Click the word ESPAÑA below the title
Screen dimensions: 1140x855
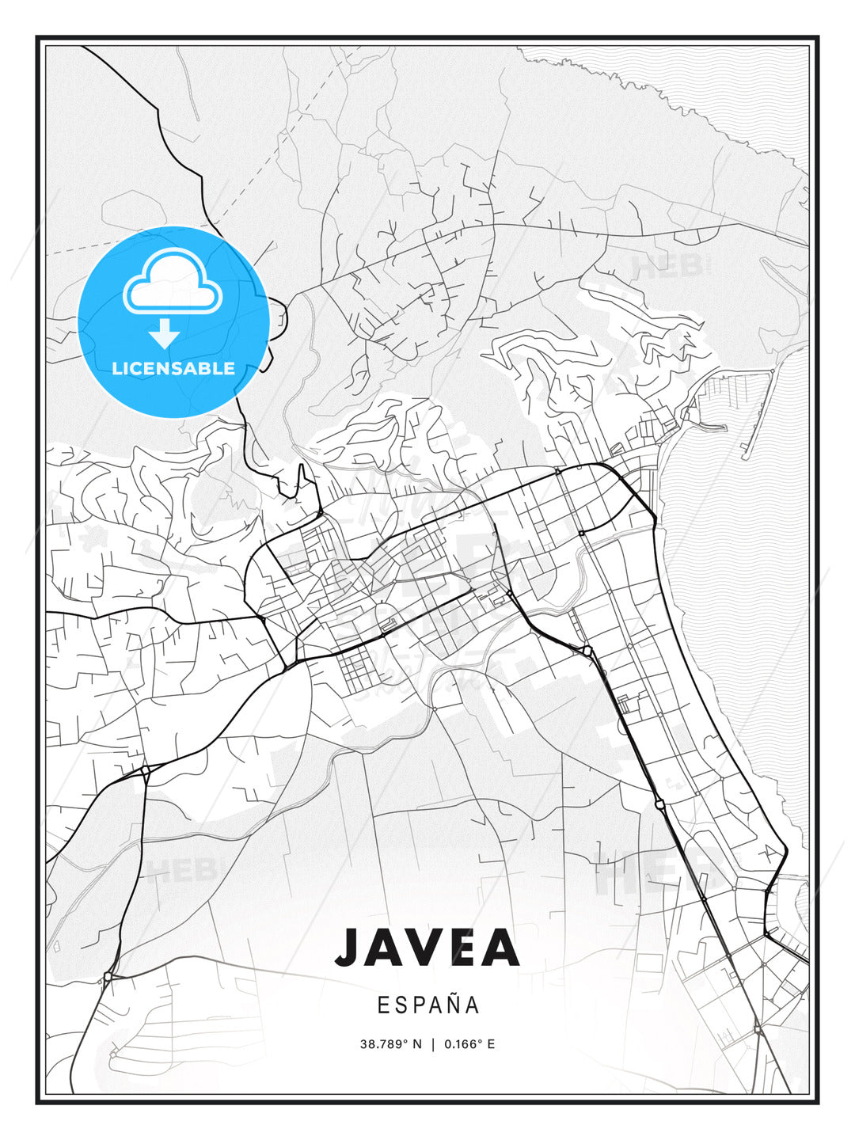pos(428,1005)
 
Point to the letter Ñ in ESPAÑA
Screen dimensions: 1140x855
pos(454,1005)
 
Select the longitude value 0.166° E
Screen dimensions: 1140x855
pos(469,1044)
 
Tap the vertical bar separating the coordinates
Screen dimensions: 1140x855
pos(433,1044)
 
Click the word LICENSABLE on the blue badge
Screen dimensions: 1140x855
pos(173,368)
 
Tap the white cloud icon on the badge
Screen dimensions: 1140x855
pos(171,283)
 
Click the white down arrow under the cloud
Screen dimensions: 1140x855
pos(164,333)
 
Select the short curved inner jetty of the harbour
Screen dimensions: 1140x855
pos(709,427)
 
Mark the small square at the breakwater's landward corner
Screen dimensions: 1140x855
pos(772,371)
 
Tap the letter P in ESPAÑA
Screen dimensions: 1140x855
pos(416,1005)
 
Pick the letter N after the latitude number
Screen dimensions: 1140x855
pos(417,1044)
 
